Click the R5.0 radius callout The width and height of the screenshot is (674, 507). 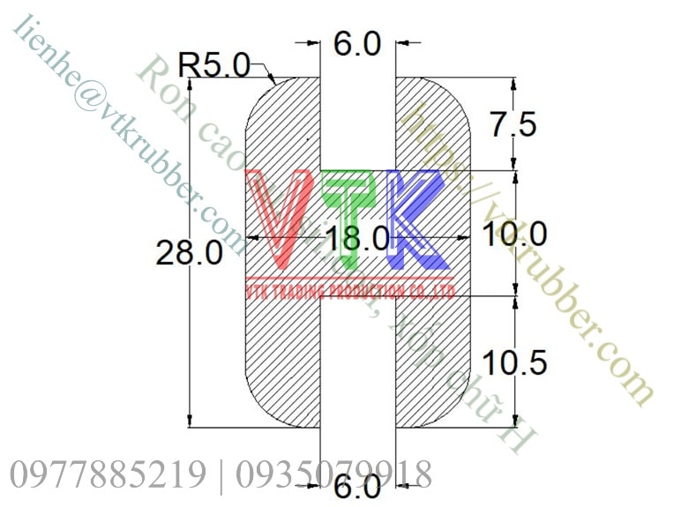click(214, 65)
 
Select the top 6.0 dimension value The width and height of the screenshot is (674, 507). click(357, 42)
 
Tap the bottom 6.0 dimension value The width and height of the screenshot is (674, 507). click(358, 486)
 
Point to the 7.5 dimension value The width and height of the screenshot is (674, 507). click(513, 124)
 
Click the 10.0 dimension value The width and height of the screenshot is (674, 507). click(516, 234)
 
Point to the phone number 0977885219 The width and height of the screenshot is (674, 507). click(107, 474)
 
